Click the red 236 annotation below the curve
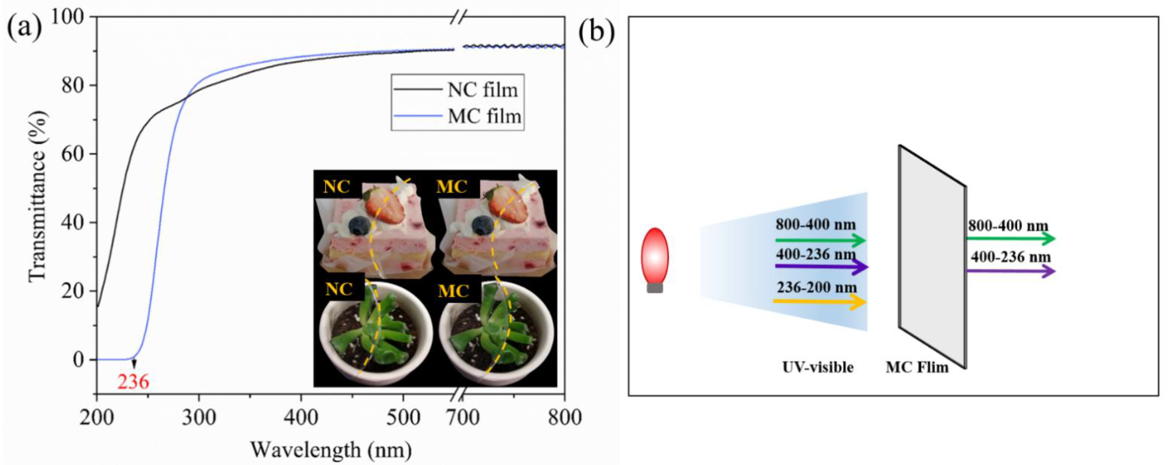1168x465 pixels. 133,382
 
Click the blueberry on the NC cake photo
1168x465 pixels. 360,225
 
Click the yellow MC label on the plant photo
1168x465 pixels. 453,290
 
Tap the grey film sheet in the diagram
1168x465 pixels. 932,256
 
